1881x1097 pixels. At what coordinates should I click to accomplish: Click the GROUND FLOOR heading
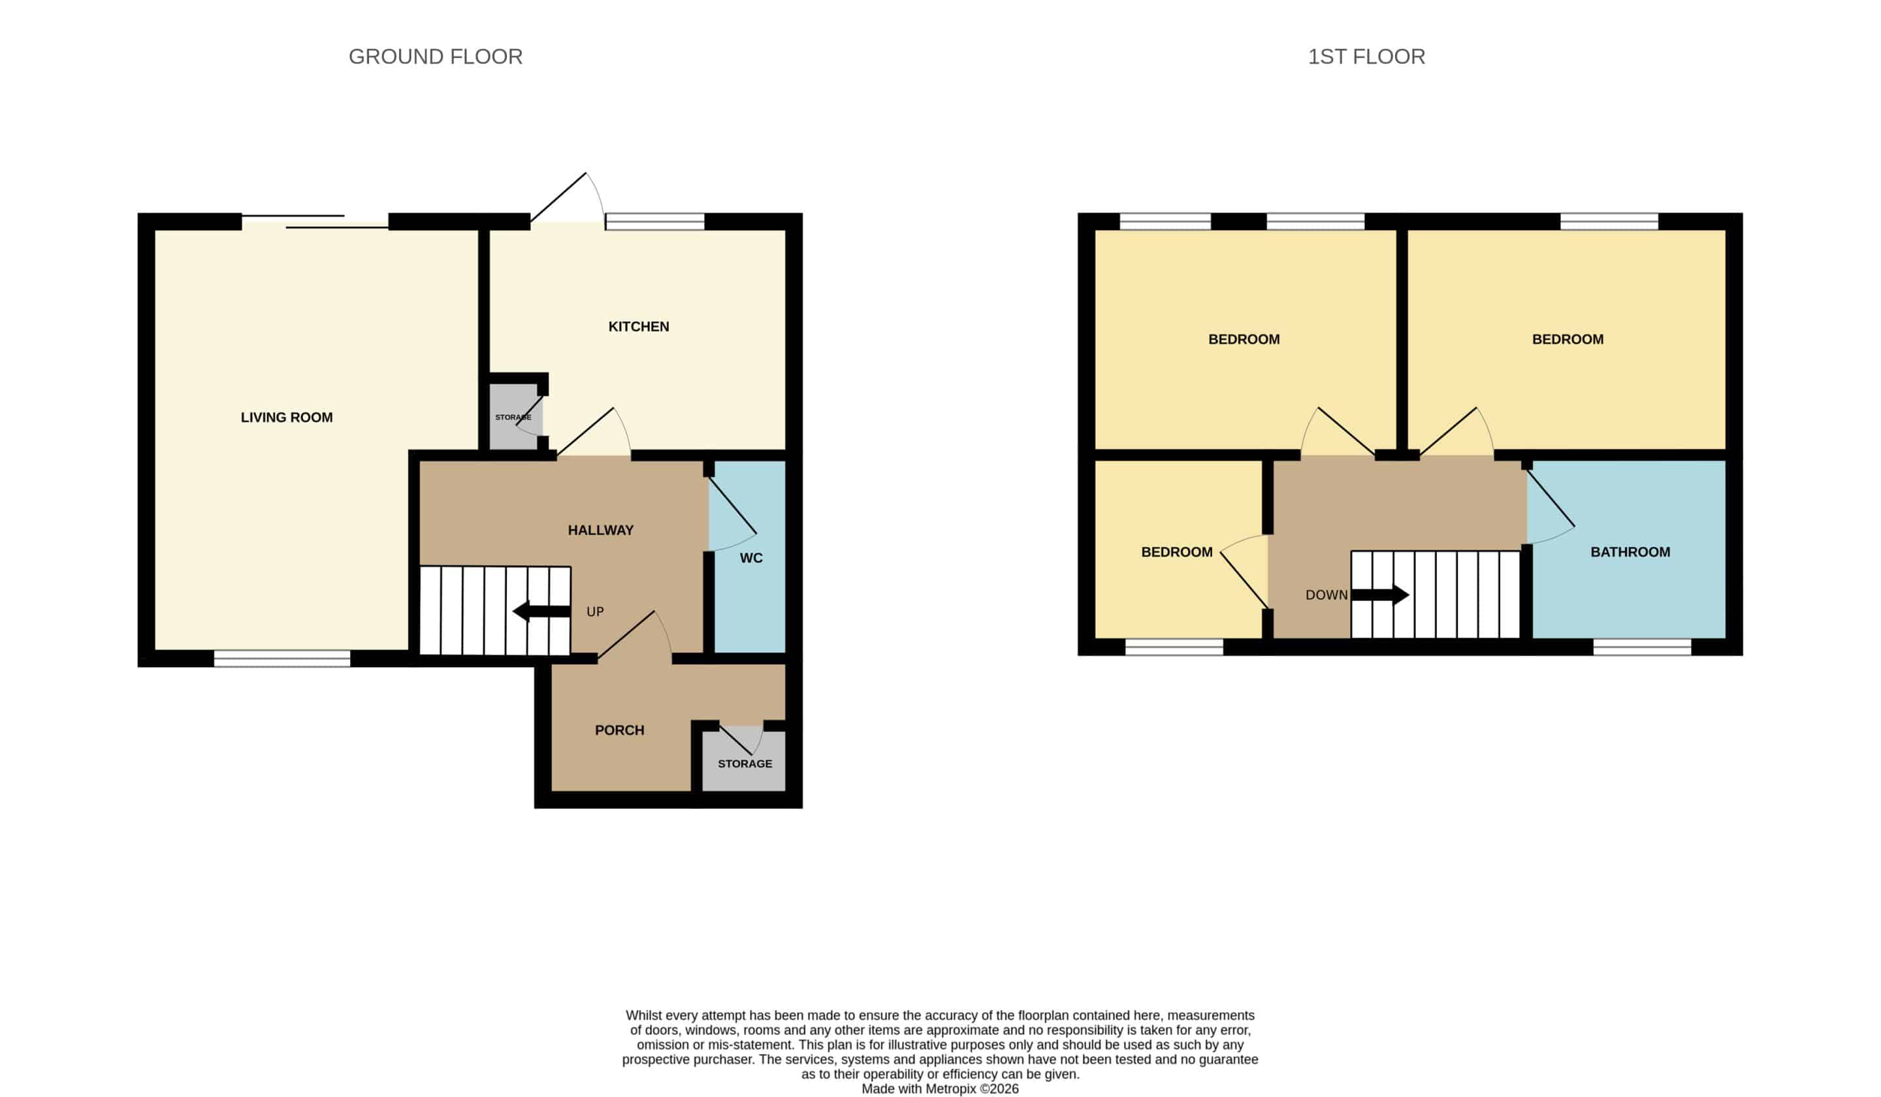tap(435, 57)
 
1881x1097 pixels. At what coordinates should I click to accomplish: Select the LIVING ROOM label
tap(287, 418)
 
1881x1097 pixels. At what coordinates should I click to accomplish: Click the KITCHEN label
tap(638, 326)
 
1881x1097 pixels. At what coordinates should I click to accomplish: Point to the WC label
tap(751, 558)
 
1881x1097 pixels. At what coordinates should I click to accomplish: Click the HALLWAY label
tap(600, 530)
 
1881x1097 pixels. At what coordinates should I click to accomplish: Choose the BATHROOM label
tap(1630, 552)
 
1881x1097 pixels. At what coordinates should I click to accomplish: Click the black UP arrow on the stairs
tap(541, 612)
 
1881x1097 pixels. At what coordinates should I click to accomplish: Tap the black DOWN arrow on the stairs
tap(1380, 595)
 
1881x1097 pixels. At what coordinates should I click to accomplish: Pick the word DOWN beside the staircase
tap(1326, 595)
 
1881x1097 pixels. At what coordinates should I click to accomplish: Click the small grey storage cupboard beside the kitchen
tap(515, 417)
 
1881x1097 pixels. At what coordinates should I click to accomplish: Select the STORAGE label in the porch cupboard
tap(745, 763)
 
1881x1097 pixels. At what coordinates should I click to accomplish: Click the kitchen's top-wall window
tap(654, 221)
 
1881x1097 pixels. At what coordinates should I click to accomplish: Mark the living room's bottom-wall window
tap(282, 658)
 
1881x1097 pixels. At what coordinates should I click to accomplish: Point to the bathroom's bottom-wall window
tap(1642, 647)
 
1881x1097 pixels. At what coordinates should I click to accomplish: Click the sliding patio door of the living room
tap(315, 221)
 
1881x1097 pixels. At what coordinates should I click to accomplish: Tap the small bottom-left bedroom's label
tap(1176, 552)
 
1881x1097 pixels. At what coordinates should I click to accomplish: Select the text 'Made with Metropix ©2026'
tap(940, 1089)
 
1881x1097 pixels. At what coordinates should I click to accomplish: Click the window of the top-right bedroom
tap(1609, 221)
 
